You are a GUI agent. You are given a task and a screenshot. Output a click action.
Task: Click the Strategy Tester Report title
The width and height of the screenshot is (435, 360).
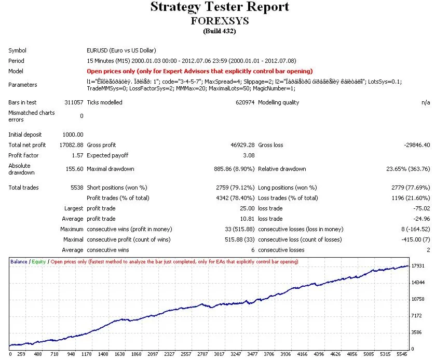[x=219, y=7]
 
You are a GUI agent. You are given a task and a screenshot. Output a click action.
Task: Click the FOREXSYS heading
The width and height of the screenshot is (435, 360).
[x=220, y=21]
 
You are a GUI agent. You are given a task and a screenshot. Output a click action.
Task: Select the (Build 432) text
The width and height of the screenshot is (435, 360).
[x=219, y=31]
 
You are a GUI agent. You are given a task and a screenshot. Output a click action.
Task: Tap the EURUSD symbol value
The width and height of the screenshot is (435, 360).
[x=120, y=51]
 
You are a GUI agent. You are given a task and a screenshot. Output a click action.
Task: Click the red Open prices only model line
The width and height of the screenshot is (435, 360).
[x=200, y=71]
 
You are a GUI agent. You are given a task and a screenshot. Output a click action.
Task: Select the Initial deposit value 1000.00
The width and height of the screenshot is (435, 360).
[x=72, y=135]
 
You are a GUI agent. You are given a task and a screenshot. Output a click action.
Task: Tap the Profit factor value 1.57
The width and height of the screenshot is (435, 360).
[x=77, y=155]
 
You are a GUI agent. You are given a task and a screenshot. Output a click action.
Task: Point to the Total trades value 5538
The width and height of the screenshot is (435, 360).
[x=76, y=188]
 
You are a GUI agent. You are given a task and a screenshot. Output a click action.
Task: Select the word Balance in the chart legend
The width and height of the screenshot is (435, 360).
[x=19, y=262]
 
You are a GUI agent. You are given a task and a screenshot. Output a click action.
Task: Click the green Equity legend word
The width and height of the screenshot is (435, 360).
[x=38, y=262]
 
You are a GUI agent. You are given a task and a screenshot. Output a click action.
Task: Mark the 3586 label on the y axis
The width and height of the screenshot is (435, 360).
[x=417, y=332]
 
